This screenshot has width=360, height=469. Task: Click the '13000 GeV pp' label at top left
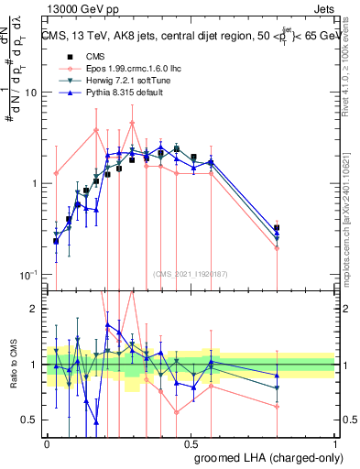(82, 7)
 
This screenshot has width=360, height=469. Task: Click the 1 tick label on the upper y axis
(34, 183)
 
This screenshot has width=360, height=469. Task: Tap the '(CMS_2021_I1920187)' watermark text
(191, 272)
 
